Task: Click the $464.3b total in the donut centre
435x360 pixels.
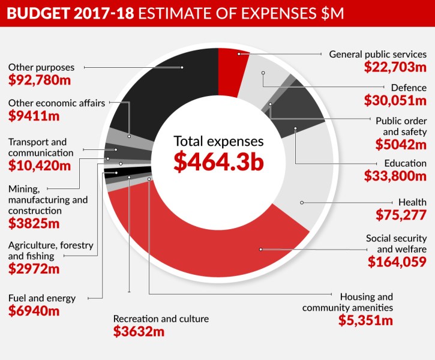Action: point(218,163)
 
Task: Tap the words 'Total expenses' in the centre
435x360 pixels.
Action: point(218,142)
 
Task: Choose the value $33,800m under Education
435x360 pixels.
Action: point(395,176)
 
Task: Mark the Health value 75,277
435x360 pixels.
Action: point(401,215)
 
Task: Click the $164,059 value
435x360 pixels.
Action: point(397,262)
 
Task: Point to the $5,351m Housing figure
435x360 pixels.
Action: point(365,320)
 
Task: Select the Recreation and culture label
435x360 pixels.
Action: point(161,319)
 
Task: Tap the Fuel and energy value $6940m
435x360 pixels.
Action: point(34,311)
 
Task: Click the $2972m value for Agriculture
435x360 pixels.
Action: point(34,268)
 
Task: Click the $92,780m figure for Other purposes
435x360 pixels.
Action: point(38,79)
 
